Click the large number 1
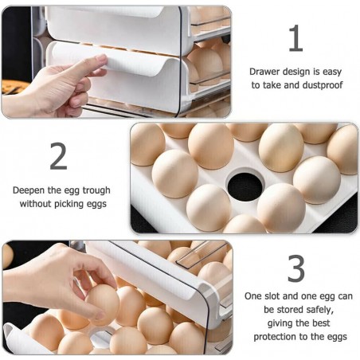click(x=296, y=38)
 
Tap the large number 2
click(x=58, y=156)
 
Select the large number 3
click(x=296, y=268)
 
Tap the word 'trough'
click(x=96, y=190)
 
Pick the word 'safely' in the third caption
click(x=319, y=310)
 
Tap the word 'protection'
click(x=275, y=337)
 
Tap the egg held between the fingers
click(x=102, y=305)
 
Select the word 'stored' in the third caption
click(x=290, y=310)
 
